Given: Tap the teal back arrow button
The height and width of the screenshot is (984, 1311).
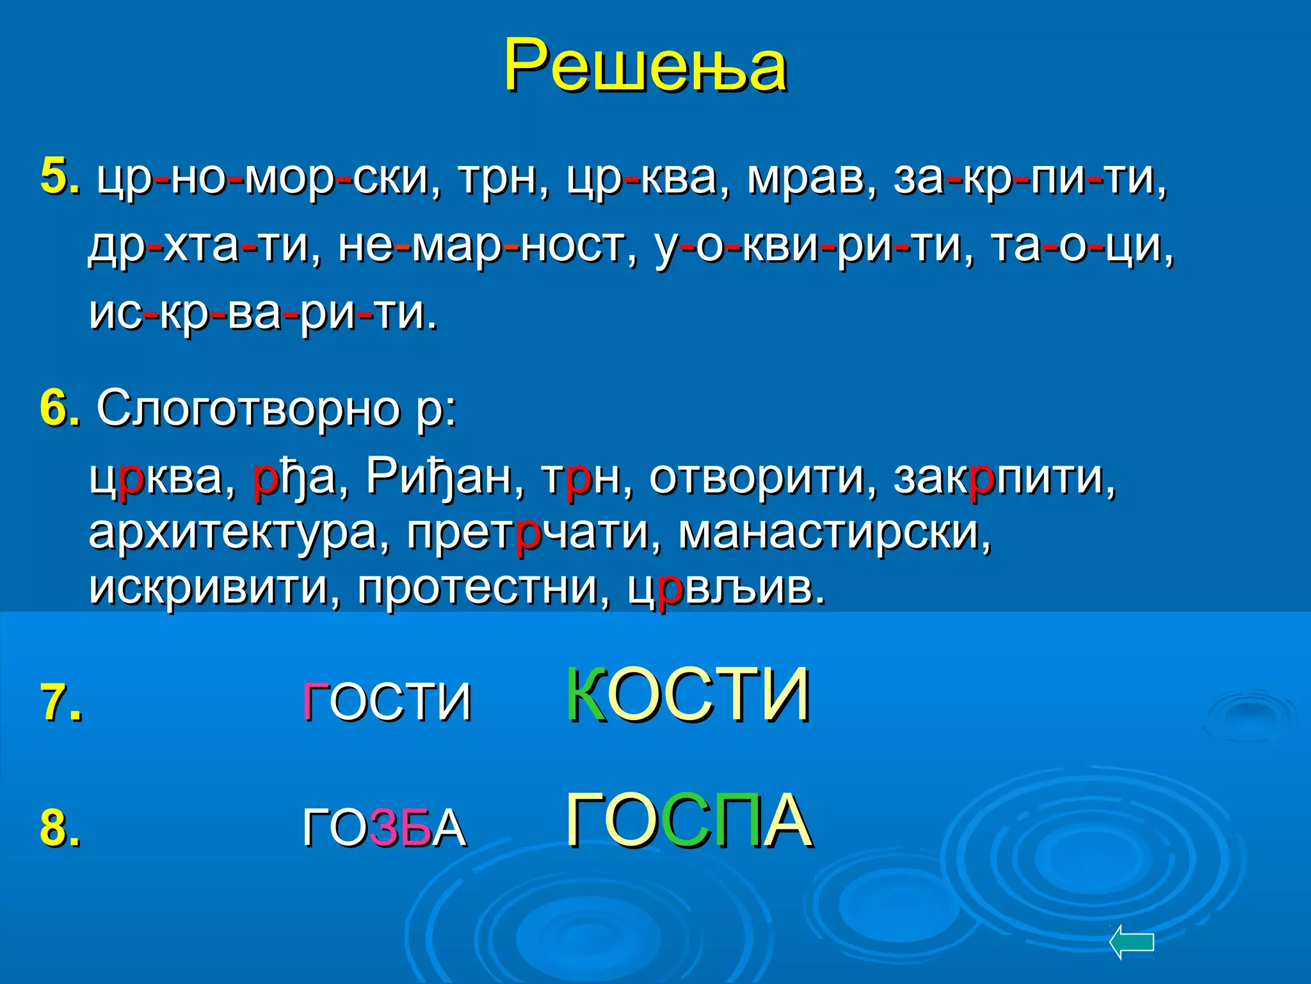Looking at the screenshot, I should tap(1131, 942).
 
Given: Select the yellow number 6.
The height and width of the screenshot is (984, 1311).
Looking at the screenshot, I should tap(59, 407).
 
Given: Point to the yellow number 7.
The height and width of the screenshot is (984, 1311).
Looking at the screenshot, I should tap(61, 702).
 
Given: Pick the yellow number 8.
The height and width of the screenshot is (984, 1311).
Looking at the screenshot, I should tap(60, 828).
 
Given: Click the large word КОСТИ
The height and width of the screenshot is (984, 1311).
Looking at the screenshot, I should tap(688, 696).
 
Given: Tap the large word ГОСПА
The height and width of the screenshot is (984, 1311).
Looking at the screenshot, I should tap(689, 821).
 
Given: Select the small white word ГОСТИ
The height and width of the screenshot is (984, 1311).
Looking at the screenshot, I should tap(387, 702).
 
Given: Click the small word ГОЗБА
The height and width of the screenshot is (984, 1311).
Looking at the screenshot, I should tap(385, 828).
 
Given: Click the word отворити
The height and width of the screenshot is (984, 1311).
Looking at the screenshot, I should tap(756, 477).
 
